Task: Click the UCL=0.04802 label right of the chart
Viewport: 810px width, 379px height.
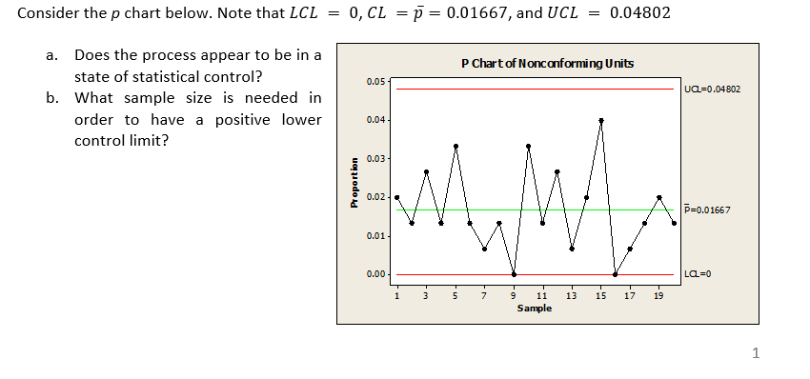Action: [x=712, y=90]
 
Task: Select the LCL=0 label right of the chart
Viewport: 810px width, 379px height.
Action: [x=699, y=274]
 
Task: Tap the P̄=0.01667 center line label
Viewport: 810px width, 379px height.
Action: [x=707, y=209]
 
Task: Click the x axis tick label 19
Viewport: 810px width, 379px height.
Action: [x=658, y=294]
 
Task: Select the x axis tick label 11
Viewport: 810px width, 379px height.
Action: [x=542, y=294]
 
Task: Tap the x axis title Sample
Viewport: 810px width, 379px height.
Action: [x=534, y=308]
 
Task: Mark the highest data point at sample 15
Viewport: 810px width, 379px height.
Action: [x=601, y=121]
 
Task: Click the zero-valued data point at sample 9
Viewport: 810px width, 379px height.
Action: [x=514, y=274]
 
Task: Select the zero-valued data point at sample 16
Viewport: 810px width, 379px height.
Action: [x=616, y=274]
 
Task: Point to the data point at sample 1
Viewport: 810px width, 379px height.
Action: [x=397, y=197]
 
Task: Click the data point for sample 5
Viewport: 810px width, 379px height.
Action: [x=456, y=146]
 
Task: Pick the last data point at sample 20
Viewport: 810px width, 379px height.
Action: [x=674, y=223]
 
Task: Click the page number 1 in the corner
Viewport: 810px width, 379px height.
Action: [x=756, y=354]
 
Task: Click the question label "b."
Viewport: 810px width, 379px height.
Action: [x=53, y=98]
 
